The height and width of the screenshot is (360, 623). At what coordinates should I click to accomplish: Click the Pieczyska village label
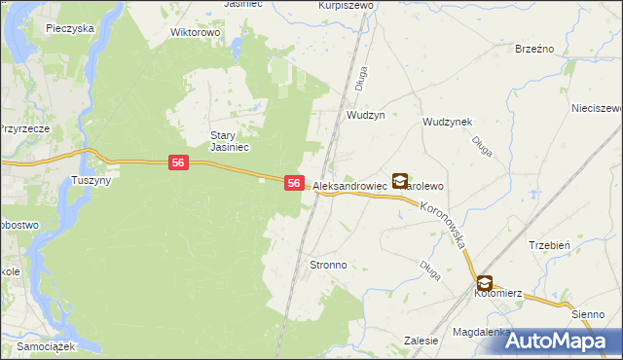tap(69, 28)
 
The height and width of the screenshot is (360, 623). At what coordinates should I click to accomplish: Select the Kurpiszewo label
tap(346, 5)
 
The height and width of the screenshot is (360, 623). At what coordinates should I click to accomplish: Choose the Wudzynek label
tap(447, 122)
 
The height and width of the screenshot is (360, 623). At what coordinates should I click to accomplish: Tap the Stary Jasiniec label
tap(232, 141)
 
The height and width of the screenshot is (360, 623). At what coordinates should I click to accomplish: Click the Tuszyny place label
tap(92, 181)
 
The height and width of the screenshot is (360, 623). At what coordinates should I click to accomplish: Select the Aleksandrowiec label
tap(350, 184)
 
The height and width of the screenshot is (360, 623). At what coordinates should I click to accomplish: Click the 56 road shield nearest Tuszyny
tap(177, 163)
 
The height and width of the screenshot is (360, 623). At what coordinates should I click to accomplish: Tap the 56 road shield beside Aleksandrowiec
tap(295, 183)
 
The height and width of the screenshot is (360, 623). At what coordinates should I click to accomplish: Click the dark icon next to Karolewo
tap(400, 180)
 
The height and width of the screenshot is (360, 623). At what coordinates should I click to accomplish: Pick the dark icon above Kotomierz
tap(484, 283)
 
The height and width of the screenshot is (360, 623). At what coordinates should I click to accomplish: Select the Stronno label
tap(328, 265)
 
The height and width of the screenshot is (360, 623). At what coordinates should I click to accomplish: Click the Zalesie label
tap(419, 341)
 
